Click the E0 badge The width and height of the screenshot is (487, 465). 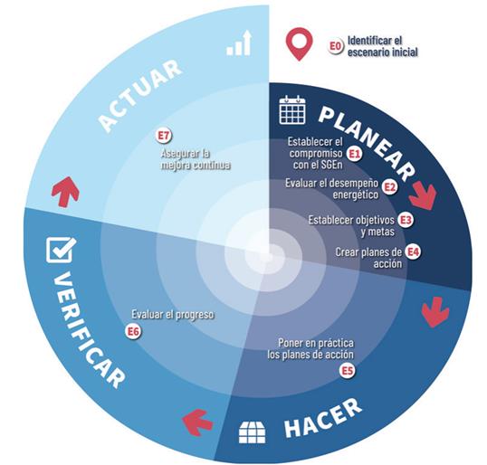point(336,46)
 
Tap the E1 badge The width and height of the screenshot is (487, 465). point(354,154)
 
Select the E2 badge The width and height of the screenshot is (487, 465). point(389,187)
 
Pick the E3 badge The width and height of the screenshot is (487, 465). point(406,220)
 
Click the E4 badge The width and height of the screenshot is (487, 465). point(414,252)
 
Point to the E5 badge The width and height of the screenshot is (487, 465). point(348,371)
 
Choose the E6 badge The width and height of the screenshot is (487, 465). point(133,331)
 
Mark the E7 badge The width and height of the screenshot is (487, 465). point(164,136)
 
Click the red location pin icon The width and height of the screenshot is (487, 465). point(299,43)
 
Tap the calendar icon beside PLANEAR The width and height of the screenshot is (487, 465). point(292,109)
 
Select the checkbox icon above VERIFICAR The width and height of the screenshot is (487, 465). point(61,250)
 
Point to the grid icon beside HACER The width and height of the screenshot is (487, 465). point(253,432)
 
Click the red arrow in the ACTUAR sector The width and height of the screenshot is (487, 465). point(65,191)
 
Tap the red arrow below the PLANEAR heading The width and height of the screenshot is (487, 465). point(423,196)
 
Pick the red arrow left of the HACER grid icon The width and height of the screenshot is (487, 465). point(197,422)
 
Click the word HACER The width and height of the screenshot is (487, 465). point(323,418)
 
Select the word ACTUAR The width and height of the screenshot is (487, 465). point(140,95)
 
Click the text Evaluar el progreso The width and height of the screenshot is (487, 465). point(173,315)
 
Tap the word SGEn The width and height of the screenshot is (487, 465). point(329,165)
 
